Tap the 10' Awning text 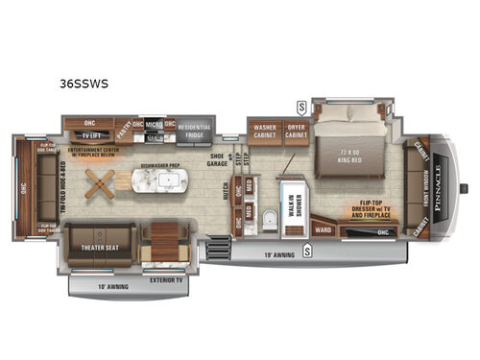coord(113,285)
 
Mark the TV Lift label coord(92,137)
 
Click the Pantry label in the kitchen coord(125,125)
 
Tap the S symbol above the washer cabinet coord(300,105)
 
